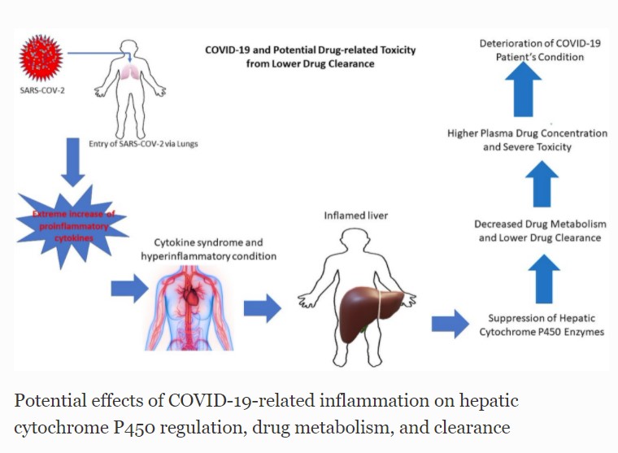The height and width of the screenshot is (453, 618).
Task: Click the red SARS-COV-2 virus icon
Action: click(x=41, y=58)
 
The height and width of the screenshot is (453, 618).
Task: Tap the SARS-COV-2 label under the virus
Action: click(x=42, y=90)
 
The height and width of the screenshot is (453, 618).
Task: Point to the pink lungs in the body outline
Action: click(x=130, y=72)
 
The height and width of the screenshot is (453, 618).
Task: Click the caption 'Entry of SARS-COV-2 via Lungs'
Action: click(x=143, y=144)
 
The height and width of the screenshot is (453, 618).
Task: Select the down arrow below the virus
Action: click(x=73, y=162)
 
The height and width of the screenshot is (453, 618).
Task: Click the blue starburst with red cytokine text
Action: click(x=73, y=226)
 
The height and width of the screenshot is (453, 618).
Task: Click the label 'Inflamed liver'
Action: click(x=356, y=216)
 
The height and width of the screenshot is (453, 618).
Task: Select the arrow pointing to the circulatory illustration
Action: click(x=129, y=289)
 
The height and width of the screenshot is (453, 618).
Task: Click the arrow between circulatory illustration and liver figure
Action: click(x=263, y=308)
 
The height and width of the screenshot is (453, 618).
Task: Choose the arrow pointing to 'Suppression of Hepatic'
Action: click(x=450, y=324)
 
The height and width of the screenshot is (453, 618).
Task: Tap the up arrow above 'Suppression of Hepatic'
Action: click(x=544, y=279)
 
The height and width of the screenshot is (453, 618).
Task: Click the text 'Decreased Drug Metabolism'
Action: click(x=541, y=224)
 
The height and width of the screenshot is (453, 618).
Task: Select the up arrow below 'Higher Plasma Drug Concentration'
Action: click(x=542, y=184)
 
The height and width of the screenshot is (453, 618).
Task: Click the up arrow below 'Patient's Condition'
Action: click(x=524, y=89)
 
